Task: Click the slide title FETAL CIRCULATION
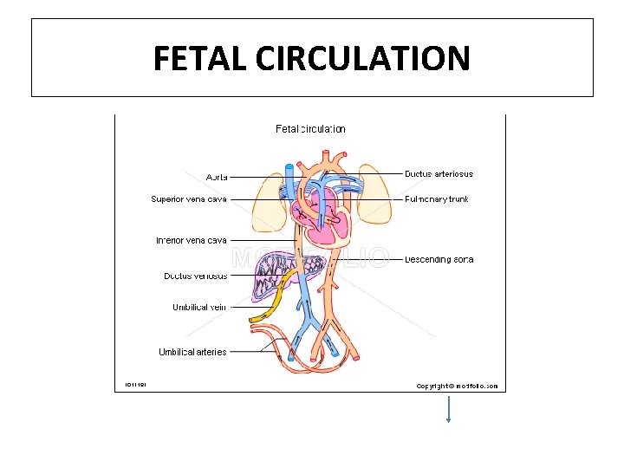click(x=312, y=58)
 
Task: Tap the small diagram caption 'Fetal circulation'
click(x=310, y=129)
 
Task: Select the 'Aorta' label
click(x=217, y=177)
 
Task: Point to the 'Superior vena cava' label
click(x=189, y=199)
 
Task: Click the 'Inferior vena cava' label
click(x=191, y=240)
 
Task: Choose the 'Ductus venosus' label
click(x=196, y=276)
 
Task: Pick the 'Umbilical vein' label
click(x=199, y=307)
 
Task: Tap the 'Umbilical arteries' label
click(x=192, y=352)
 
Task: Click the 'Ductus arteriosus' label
click(x=439, y=174)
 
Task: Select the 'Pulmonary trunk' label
click(x=437, y=199)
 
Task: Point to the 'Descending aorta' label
click(x=439, y=259)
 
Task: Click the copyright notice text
click(x=457, y=386)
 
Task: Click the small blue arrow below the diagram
click(x=448, y=409)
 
